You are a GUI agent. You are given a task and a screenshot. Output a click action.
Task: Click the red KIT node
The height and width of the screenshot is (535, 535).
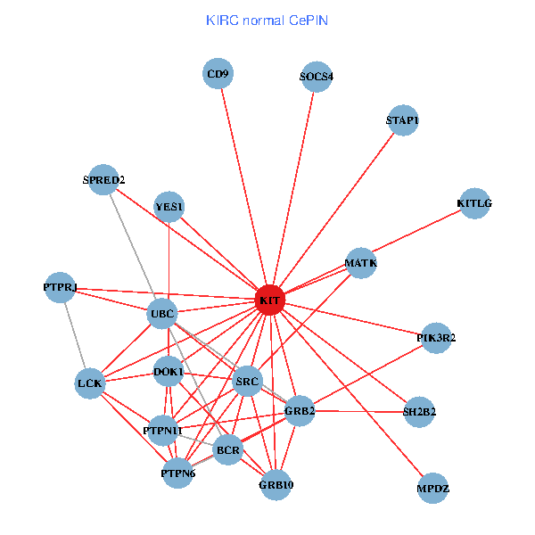(269, 301)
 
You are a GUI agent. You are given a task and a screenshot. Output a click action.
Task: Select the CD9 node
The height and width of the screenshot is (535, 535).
(218, 74)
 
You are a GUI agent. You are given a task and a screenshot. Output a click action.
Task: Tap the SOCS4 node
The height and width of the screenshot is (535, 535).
(317, 77)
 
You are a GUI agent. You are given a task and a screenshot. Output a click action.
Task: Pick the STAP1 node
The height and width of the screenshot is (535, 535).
(402, 120)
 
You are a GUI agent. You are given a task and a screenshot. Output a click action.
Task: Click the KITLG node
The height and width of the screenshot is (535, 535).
(474, 203)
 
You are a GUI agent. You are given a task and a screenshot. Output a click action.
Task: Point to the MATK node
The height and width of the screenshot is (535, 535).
(361, 263)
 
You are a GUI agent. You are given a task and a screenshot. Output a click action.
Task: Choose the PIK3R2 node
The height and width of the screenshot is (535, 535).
(436, 338)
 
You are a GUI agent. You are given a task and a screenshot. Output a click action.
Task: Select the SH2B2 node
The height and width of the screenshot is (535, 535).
(419, 411)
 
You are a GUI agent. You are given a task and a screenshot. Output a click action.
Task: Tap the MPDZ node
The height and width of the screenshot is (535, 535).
(433, 489)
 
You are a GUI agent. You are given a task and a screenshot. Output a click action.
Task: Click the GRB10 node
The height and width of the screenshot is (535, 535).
(276, 485)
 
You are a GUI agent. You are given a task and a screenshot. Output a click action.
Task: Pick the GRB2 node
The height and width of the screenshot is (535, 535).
(300, 411)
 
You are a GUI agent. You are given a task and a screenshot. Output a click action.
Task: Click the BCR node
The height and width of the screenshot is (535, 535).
(229, 451)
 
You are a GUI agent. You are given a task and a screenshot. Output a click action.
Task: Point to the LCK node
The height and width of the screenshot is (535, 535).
(91, 383)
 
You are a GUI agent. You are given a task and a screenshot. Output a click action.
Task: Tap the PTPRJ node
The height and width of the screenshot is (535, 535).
(60, 287)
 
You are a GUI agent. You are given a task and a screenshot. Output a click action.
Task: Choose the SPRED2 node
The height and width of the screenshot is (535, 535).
(104, 180)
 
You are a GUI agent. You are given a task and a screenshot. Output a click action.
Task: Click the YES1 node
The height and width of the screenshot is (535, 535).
(169, 208)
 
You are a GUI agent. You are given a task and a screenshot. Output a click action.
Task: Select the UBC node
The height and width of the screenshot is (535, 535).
(162, 314)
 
